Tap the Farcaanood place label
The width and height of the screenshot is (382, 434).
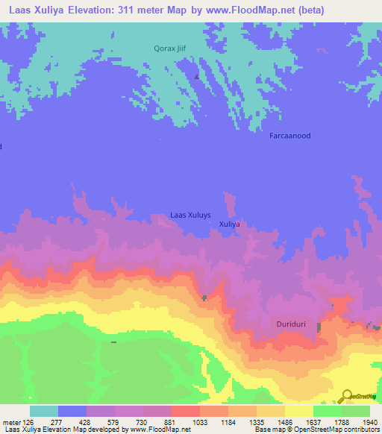[x=289, y=136]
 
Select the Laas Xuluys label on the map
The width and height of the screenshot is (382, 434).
[x=191, y=215]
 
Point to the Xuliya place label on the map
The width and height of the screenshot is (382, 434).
[x=229, y=224]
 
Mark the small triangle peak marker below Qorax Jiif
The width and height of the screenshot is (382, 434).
[x=197, y=75]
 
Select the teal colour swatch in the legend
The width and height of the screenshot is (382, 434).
[x=44, y=411]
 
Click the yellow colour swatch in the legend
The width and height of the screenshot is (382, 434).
[x=298, y=411]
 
